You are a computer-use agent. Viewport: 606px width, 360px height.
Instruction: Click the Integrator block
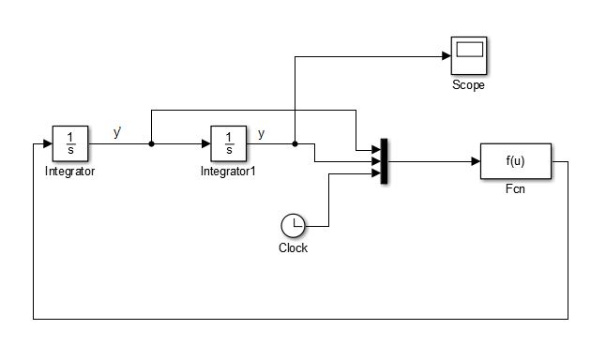[69, 144]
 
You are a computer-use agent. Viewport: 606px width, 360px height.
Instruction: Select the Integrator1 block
[229, 144]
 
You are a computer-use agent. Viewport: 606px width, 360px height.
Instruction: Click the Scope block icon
[468, 57]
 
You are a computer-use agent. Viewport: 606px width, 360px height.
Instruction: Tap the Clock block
[294, 226]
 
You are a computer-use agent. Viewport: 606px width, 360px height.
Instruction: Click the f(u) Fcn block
[515, 160]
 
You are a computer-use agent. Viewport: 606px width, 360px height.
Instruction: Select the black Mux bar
[384, 161]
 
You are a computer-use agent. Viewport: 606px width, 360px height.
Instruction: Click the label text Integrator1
[229, 172]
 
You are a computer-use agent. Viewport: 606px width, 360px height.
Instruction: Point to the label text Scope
[468, 85]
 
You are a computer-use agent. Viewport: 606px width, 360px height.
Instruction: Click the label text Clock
[294, 248]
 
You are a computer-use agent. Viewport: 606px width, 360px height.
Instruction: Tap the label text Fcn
[515, 187]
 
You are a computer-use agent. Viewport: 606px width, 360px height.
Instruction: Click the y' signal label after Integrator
[117, 133]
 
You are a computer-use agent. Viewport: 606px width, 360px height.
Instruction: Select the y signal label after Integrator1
[261, 133]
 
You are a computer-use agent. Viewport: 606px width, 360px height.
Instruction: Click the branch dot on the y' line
[151, 144]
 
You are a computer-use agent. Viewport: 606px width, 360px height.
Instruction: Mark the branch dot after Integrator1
[295, 144]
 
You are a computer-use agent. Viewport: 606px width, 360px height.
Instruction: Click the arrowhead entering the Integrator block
[47, 144]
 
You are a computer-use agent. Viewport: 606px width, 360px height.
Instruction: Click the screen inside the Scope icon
[468, 51]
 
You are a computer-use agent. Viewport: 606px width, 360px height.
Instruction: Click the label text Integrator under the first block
[69, 172]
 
